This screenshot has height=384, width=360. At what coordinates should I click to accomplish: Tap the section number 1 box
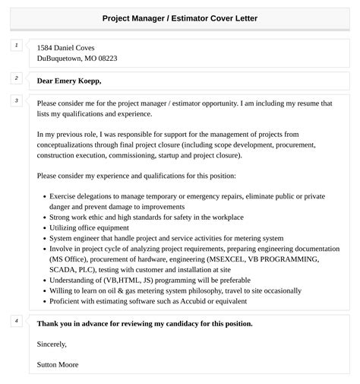(x=17, y=46)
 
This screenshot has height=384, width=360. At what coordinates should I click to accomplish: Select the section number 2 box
(x=17, y=78)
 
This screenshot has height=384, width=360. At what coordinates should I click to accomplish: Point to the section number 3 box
(x=17, y=100)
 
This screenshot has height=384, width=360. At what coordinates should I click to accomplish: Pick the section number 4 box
(x=17, y=321)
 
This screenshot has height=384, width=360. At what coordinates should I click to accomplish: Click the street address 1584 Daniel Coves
(x=66, y=47)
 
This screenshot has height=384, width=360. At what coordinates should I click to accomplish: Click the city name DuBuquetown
(x=61, y=59)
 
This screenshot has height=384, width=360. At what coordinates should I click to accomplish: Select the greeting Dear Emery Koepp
(x=68, y=81)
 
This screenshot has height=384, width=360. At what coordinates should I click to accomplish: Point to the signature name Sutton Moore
(x=58, y=364)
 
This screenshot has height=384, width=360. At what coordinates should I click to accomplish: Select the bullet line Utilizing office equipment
(x=89, y=227)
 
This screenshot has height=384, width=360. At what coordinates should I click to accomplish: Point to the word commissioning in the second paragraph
(x=130, y=154)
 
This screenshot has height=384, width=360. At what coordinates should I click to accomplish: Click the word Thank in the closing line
(x=47, y=323)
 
